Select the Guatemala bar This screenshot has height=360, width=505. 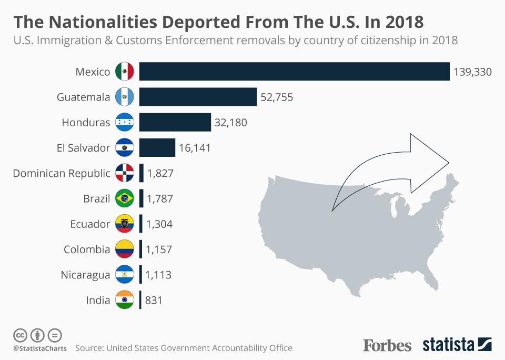[x=198, y=97]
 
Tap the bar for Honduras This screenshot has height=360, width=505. [x=175, y=123]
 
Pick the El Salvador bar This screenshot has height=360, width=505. [x=157, y=148]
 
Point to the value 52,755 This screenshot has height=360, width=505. [x=277, y=97]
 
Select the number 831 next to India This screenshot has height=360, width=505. [x=154, y=301]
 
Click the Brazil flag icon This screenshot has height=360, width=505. [x=125, y=199]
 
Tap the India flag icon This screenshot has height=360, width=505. [x=125, y=301]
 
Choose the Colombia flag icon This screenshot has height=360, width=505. [x=125, y=249]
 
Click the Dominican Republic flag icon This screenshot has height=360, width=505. [x=125, y=173]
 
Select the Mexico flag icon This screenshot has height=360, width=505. [x=125, y=72]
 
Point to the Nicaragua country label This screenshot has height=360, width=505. [x=85, y=275]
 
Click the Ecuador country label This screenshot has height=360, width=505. [x=90, y=224]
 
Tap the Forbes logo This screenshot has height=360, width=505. [x=387, y=345]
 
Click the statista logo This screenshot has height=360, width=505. [x=457, y=345]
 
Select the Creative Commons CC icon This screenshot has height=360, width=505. [x=20, y=335]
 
